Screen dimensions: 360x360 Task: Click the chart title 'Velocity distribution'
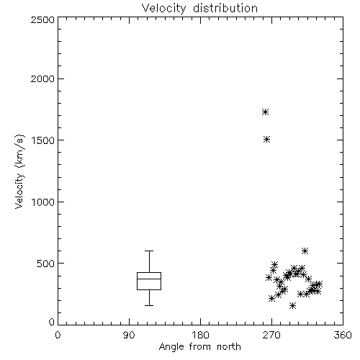pos(199,9)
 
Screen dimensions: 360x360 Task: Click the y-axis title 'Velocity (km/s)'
pos(19,171)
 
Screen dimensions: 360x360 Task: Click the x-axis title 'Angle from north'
pos(199,347)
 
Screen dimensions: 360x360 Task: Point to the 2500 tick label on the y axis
pos(42,19)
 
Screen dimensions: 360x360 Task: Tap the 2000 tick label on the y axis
pos(42,78)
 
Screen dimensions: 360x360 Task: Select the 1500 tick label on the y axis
pos(43,140)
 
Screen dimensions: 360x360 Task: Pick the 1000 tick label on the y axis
pos(43,202)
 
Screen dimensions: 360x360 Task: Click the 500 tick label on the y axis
pos(46,264)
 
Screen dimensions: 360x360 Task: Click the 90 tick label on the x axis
pos(129,335)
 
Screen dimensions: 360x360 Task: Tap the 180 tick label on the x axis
pos(200,335)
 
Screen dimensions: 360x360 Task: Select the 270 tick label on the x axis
pos(271,335)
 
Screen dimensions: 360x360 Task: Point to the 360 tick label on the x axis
pos(343,335)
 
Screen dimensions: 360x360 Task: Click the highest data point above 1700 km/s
pos(265,112)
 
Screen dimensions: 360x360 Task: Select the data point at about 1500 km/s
pos(266,140)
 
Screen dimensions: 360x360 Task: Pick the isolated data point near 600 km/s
pos(305,251)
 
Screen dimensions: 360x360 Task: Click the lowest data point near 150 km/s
pos(292,305)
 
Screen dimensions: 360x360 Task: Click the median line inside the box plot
pos(149,279)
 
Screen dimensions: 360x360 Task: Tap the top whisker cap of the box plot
pos(149,251)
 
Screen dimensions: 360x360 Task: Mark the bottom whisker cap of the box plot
pos(149,305)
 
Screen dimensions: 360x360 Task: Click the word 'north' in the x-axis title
pos(229,347)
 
